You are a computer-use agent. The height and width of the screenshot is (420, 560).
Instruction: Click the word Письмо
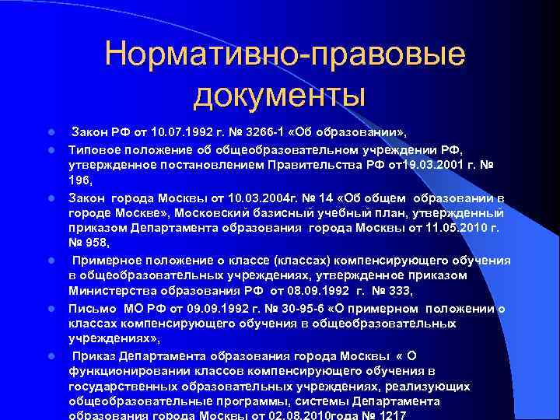pos(91,308)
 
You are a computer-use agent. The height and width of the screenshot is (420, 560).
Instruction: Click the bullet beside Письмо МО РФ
pos(49,309)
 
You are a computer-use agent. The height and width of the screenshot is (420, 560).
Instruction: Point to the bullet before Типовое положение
pos(49,149)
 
